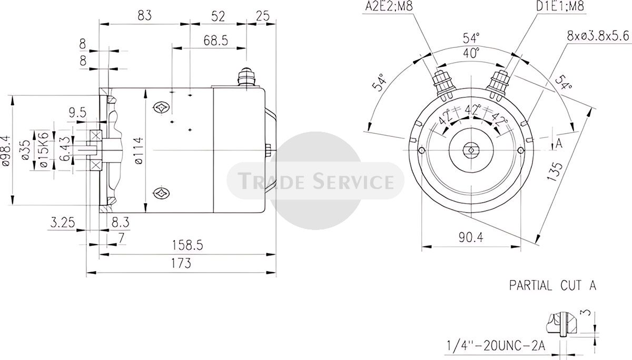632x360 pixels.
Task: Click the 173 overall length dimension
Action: click(181, 264)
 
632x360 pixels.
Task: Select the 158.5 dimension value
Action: click(187, 245)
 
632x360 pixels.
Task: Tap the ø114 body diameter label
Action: click(139, 150)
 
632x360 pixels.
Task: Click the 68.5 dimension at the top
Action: click(216, 41)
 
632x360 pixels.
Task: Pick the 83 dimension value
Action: click(145, 15)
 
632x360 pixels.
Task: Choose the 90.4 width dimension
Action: click(471, 238)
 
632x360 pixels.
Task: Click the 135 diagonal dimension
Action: click(555, 172)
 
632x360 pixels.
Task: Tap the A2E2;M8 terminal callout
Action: click(389, 6)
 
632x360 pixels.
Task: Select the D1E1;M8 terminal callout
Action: click(560, 6)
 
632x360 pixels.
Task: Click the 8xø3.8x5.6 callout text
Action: click(598, 36)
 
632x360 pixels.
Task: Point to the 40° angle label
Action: click(471, 53)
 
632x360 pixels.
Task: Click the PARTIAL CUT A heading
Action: click(552, 286)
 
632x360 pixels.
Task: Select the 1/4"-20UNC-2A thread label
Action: click(496, 346)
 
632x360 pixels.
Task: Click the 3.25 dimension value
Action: click(63, 223)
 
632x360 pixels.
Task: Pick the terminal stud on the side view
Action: click(246, 76)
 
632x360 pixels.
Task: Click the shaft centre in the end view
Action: click(471, 150)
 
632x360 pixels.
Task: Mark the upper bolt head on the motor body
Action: click(161, 107)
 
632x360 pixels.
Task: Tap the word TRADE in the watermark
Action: click(271, 181)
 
